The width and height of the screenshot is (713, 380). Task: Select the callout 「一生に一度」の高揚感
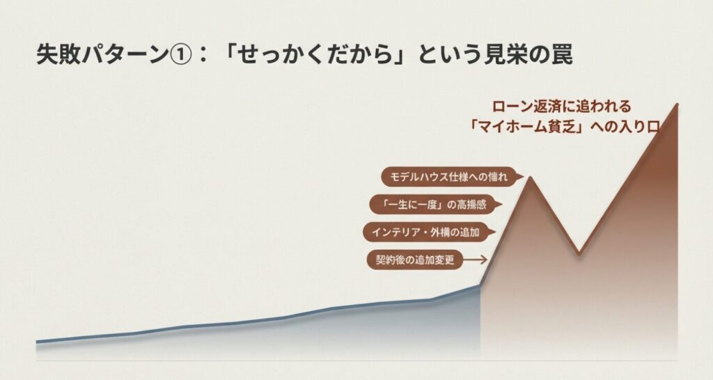point(430,205)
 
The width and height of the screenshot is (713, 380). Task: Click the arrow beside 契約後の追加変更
point(475,260)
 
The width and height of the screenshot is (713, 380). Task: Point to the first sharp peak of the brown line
point(530,177)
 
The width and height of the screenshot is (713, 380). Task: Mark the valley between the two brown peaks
point(578,253)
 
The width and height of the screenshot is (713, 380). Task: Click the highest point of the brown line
point(677,104)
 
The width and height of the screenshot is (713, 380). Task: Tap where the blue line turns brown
point(480,285)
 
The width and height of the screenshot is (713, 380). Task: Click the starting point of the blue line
point(37,342)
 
